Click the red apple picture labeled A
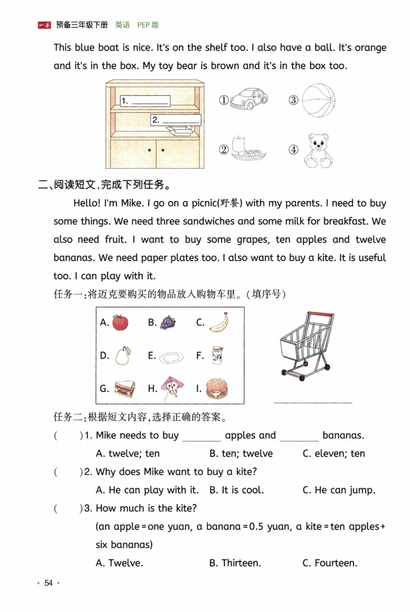coord(120,323)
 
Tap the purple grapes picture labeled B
coord(168,323)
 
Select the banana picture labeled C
coord(219,322)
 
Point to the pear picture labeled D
coord(122,355)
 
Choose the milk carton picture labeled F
coord(217,355)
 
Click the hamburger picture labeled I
coord(217,389)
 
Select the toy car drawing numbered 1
coord(249,99)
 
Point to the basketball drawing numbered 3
coord(318,100)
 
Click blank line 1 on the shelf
coord(150,101)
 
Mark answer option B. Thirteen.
coord(235,563)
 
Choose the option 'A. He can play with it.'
coord(147,490)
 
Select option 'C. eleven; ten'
coord(333,453)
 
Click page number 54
coord(49,583)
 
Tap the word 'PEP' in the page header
coord(143,25)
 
